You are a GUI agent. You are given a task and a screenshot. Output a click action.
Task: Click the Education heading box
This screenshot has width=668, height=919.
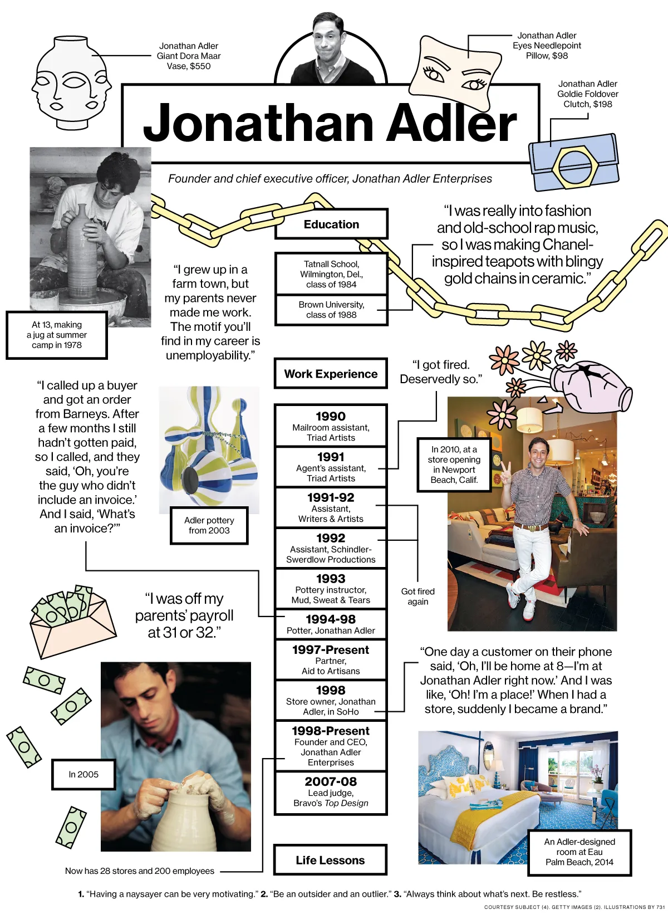tap(331, 224)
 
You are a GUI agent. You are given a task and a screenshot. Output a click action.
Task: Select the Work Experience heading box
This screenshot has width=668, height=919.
tap(331, 374)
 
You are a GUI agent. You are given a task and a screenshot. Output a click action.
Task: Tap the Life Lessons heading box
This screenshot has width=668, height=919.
tap(330, 860)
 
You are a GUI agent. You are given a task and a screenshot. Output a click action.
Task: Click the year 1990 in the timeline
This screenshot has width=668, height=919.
tap(331, 416)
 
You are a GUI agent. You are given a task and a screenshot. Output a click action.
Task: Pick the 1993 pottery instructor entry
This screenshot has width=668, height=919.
tap(331, 589)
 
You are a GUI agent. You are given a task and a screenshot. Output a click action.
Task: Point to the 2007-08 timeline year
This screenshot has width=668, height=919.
tap(331, 781)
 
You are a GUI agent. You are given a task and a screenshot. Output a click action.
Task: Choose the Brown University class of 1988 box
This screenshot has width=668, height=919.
tap(331, 310)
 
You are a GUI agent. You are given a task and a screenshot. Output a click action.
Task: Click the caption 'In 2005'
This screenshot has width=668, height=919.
tap(83, 774)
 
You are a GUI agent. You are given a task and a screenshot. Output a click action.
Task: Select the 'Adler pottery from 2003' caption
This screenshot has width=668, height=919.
tap(209, 525)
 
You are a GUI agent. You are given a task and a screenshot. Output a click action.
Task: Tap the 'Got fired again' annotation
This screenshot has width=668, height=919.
tap(417, 597)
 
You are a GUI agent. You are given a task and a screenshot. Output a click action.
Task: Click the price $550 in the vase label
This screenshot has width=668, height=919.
tap(200, 66)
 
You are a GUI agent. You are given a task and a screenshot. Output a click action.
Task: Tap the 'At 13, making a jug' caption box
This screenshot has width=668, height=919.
tap(57, 335)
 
